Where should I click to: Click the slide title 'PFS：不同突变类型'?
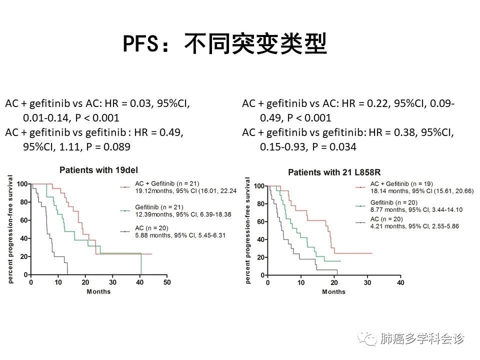pyautogui.click(x=224, y=44)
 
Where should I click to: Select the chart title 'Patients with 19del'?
pyautogui.click(x=93, y=170)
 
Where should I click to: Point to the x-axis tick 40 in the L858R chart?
pyautogui.click(x=400, y=283)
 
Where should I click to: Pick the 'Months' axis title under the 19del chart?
pyautogui.click(x=98, y=291)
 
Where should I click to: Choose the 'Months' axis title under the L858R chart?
pyautogui.click(x=333, y=292)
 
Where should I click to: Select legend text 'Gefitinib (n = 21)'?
pyautogui.click(x=159, y=207)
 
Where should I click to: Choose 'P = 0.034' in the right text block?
pyautogui.click(x=334, y=147)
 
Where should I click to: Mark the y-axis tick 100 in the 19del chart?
pyautogui.click(x=22, y=184)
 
